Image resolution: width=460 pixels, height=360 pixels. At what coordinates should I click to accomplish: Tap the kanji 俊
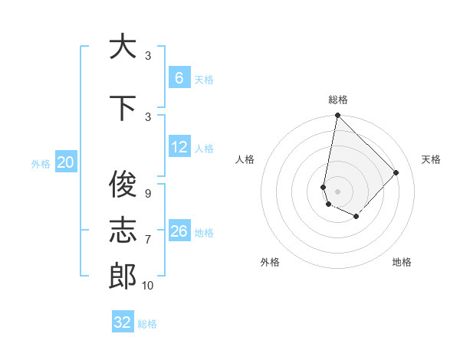[123, 184]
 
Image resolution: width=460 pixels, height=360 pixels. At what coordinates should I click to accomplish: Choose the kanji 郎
[123, 276]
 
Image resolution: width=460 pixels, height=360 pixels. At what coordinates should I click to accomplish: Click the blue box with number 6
[179, 78]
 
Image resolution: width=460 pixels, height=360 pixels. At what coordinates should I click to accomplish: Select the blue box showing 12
[179, 148]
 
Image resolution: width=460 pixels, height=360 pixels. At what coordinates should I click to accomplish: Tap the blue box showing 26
[179, 231]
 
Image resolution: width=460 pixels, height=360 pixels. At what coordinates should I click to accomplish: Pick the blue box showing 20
[65, 162]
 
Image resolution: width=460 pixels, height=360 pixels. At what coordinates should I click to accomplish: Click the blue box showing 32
[123, 322]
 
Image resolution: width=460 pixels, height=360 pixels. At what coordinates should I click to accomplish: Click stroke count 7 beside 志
[147, 240]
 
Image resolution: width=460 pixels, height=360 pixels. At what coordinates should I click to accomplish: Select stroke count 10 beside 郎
[147, 286]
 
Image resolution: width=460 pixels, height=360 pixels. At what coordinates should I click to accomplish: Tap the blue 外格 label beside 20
[41, 163]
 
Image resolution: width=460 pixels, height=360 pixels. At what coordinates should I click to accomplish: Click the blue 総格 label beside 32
[147, 324]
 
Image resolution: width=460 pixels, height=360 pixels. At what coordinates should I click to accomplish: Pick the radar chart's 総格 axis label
[337, 100]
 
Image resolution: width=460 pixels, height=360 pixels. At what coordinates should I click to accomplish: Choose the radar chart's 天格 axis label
[431, 159]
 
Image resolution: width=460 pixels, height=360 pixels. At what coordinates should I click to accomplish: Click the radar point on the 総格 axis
[337, 116]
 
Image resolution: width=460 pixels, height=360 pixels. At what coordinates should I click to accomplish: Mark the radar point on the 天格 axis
[396, 172]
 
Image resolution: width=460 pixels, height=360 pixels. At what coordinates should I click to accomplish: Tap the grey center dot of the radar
[337, 191]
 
